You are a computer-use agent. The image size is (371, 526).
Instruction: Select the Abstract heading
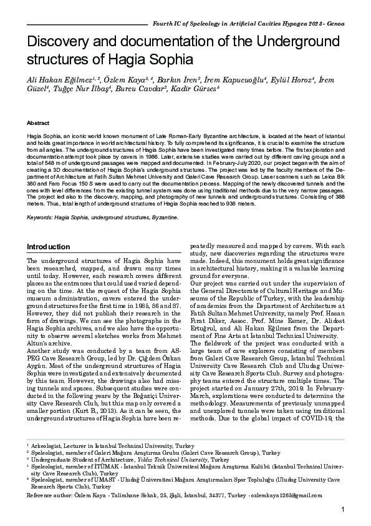pos(38,123)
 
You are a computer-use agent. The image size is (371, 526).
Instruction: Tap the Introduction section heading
pos(48,247)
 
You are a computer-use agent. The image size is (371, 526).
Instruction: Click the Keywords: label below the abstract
pos(39,218)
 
